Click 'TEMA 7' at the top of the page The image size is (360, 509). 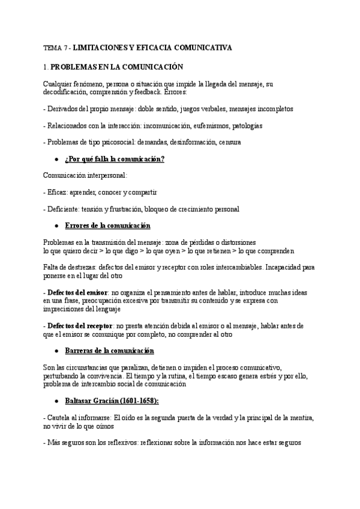coord(55,46)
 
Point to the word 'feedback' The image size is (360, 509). coord(149,94)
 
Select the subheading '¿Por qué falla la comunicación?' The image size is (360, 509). coord(114,158)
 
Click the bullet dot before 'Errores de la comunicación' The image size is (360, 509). coord(56,225)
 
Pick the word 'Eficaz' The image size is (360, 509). coord(59,192)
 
